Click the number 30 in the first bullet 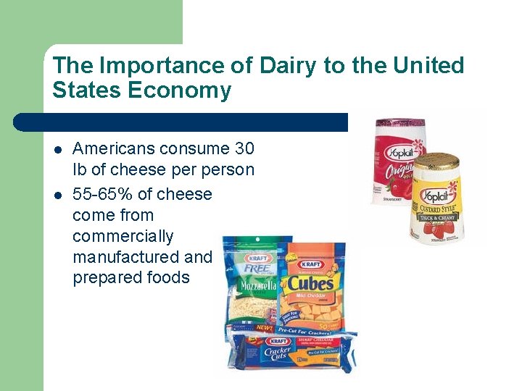[244, 149]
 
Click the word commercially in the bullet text [123, 237]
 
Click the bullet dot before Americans [58, 150]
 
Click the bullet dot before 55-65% [58, 195]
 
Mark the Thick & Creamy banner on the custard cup [435, 216]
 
